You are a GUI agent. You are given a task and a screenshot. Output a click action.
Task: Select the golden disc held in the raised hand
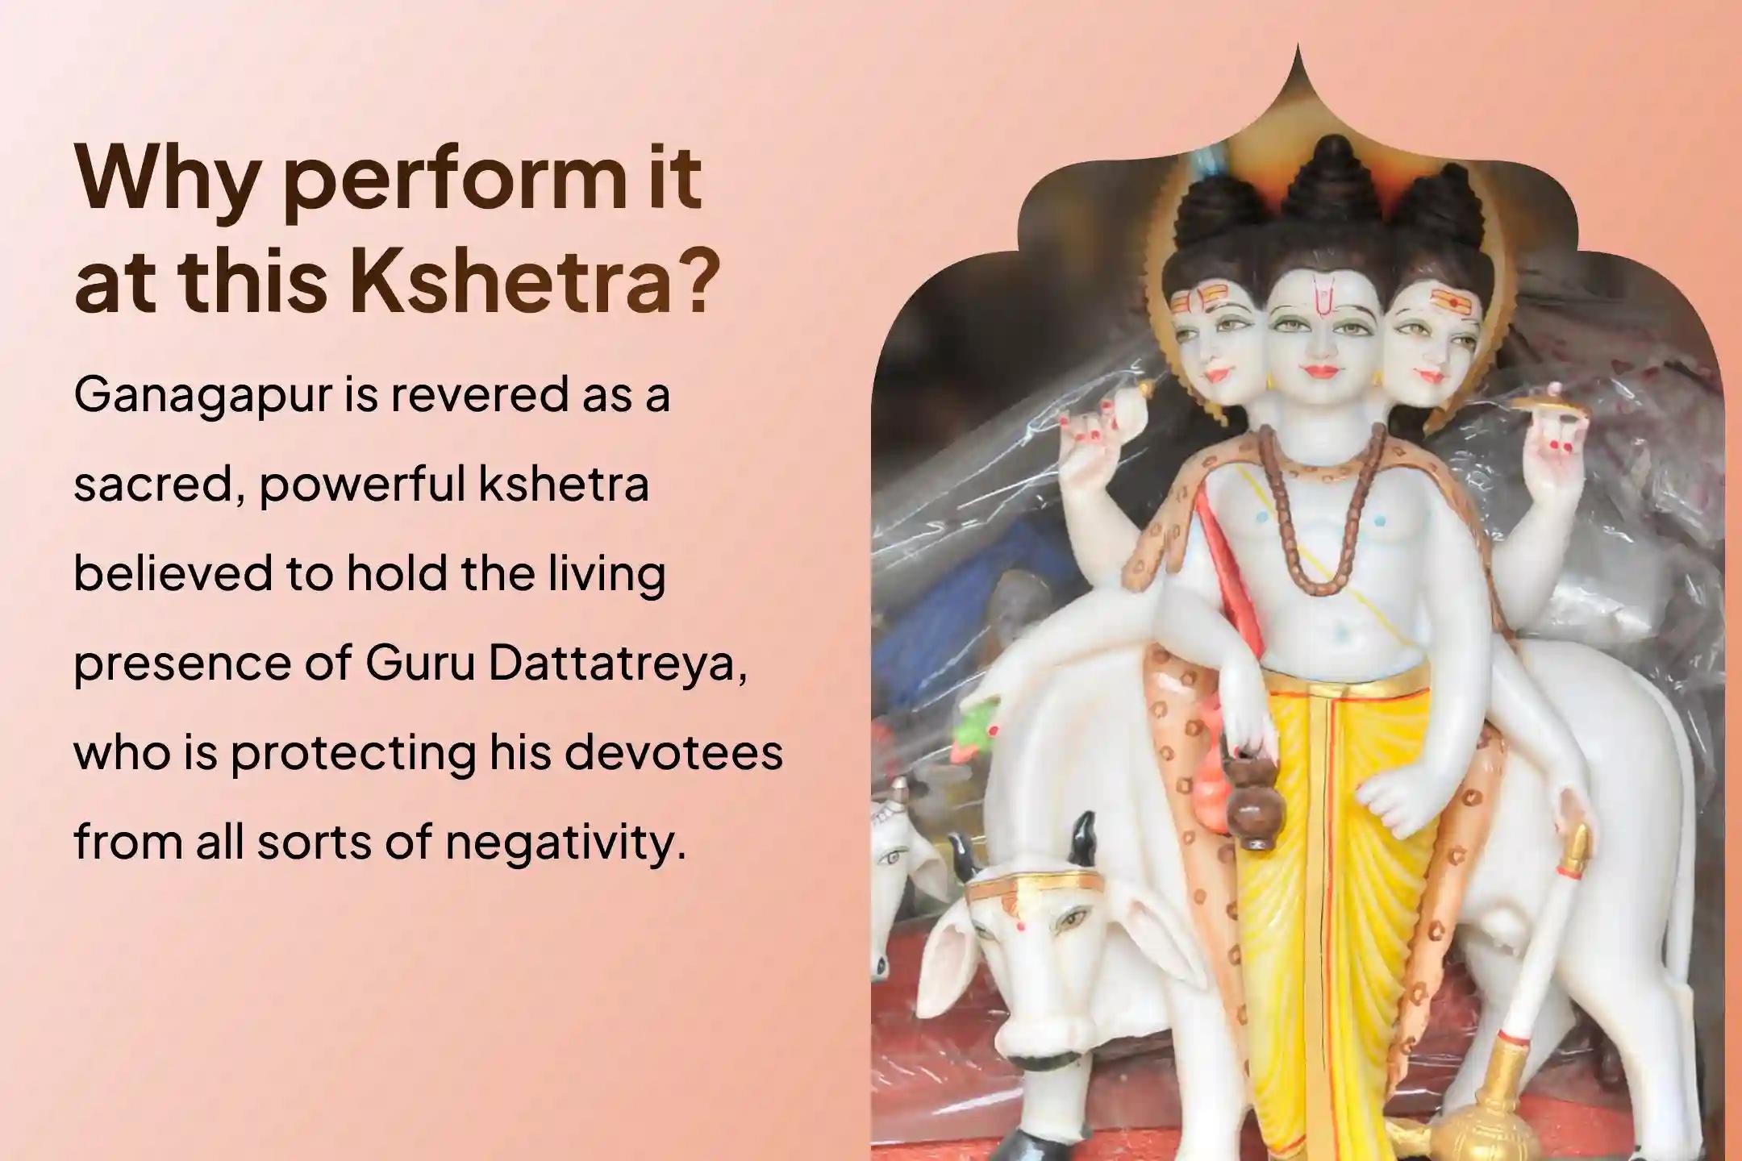pos(1549,407)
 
